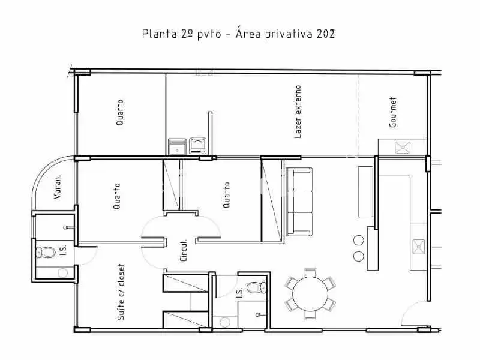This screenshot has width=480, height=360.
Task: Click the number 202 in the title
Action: point(326,34)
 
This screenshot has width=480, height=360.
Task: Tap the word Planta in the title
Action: point(160,34)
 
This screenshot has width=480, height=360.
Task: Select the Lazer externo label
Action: point(298,112)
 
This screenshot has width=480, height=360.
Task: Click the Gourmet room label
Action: point(393,112)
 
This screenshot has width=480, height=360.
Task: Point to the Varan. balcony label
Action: point(57,187)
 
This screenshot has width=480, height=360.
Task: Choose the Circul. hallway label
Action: point(184,250)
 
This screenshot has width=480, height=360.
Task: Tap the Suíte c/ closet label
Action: point(121,292)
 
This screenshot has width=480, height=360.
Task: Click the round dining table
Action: point(310,294)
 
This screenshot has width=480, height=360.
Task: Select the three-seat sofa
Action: point(299,202)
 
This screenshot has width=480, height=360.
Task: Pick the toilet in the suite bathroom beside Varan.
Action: point(46,252)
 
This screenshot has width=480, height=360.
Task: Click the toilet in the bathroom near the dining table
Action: point(257,287)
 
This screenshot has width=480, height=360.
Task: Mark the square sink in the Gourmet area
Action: point(403,148)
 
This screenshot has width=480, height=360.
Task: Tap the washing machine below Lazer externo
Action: point(198,146)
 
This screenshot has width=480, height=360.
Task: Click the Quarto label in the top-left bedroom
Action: point(119,112)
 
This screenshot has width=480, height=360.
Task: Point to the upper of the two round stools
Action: point(358,241)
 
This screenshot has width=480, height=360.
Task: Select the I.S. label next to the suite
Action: point(63,250)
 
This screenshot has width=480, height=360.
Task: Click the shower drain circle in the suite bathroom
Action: point(63,273)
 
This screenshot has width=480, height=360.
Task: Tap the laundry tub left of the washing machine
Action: point(177,146)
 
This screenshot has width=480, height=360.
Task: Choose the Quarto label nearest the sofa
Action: point(226,195)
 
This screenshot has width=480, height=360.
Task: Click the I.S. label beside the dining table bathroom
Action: point(239,292)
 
